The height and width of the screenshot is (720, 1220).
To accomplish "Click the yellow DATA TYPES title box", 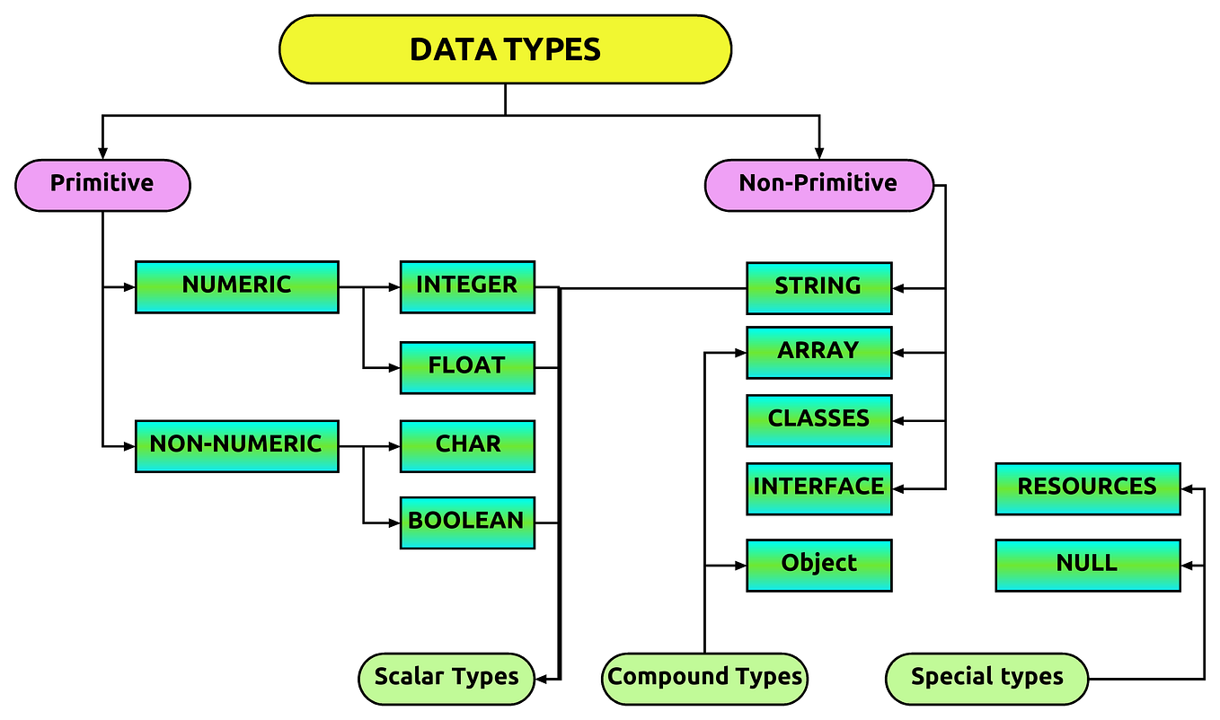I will (x=505, y=49).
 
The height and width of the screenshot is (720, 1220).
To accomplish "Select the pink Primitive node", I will (x=102, y=185).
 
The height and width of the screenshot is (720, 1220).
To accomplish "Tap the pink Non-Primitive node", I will (x=818, y=185).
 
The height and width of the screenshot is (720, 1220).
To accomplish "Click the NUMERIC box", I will (x=236, y=286).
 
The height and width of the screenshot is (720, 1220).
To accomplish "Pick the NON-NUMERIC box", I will (x=236, y=445).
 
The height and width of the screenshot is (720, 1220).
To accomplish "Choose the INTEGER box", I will (x=467, y=286).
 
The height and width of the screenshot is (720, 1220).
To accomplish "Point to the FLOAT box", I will (x=467, y=367).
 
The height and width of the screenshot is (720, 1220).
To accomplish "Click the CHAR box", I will (x=467, y=445).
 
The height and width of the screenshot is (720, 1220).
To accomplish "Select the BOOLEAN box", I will (x=467, y=522).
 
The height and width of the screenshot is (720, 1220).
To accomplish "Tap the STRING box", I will (x=818, y=288).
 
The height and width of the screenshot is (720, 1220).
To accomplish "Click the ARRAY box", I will (x=818, y=352).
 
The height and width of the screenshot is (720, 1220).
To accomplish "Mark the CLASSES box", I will (x=818, y=420).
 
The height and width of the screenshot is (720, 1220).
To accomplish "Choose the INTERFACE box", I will (x=818, y=488).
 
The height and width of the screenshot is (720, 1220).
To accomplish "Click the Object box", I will (x=818, y=565).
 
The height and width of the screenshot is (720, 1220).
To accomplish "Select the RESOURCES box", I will (x=1087, y=488).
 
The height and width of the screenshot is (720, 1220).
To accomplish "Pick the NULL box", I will (x=1087, y=565).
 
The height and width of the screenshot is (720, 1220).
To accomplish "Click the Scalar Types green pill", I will (x=446, y=678).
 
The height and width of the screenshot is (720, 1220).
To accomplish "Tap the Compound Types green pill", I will (x=704, y=678).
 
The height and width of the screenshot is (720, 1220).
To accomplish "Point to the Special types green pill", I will (x=986, y=678).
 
